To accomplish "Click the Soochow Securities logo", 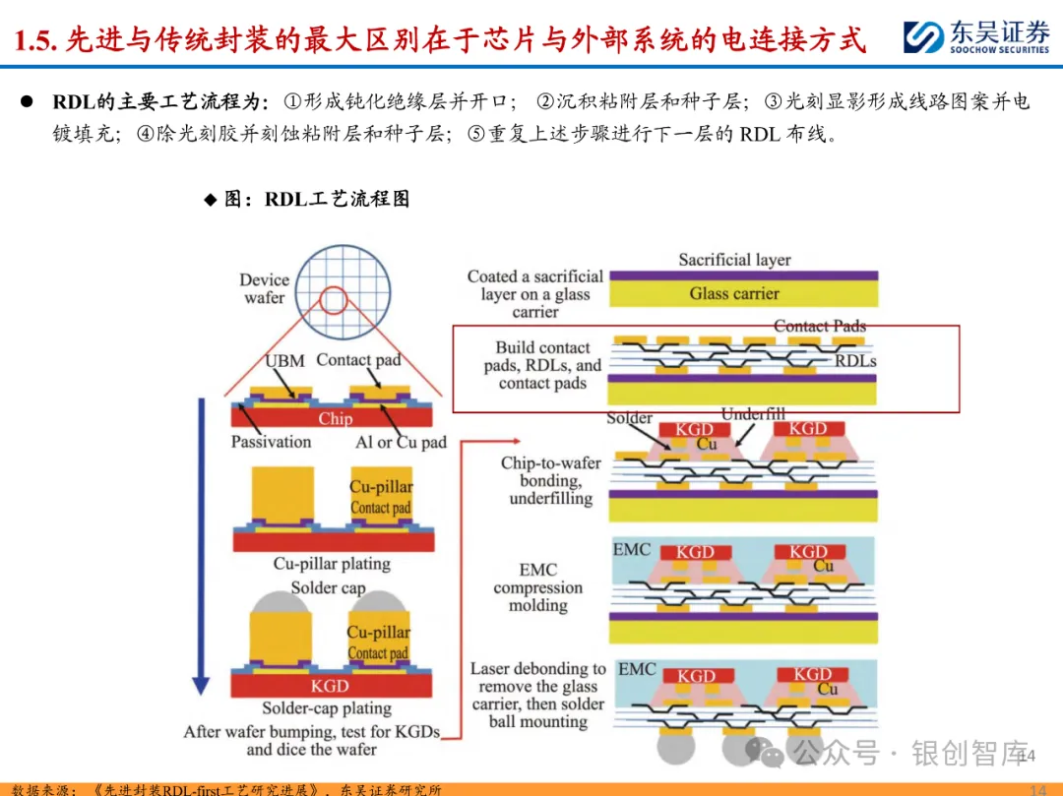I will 975,36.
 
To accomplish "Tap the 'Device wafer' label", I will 264,288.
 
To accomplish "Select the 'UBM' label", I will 284,361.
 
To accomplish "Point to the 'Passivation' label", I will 271,442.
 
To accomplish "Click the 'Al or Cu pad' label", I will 401,442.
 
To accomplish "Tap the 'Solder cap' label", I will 328,587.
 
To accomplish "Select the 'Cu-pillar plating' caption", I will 332,564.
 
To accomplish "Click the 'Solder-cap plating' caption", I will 327,708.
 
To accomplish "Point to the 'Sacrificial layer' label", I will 734,260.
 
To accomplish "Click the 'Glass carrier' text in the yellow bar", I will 734,293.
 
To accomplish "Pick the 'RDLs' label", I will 855,361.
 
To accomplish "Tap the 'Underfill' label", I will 753,414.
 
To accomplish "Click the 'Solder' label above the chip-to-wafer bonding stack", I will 630,418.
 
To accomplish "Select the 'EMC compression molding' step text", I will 537,587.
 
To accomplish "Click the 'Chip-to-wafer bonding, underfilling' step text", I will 550,480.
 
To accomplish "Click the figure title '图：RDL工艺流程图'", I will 316,199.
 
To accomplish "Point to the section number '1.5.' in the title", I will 38,40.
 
